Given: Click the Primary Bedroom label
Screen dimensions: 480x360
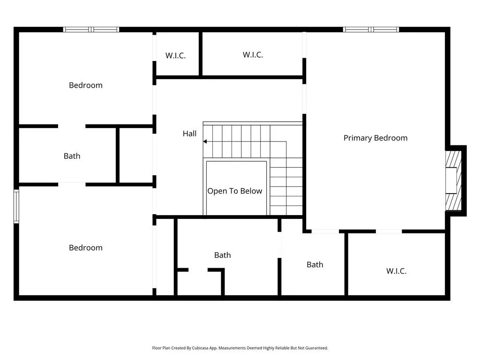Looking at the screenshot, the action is (375, 138).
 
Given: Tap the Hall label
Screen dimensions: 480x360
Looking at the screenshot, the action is (189, 134).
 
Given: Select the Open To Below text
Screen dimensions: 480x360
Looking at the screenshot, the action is (235, 191).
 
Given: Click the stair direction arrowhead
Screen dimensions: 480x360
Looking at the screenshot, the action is (205, 142).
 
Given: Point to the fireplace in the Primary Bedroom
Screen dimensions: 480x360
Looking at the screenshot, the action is (453, 180).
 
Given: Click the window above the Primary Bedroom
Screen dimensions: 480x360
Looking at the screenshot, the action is (371, 30).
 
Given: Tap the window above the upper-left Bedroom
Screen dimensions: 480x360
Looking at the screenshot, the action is (91, 30).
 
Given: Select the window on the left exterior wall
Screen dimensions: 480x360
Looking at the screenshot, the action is (16, 206).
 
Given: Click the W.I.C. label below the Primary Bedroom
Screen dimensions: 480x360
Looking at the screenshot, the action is (396, 271).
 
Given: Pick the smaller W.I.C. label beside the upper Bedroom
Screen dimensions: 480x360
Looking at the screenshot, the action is (175, 55).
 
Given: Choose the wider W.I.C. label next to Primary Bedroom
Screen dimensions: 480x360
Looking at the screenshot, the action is (253, 55).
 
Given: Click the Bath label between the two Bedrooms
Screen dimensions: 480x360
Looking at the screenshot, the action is (72, 156).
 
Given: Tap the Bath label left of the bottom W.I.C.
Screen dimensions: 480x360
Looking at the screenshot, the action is (315, 264).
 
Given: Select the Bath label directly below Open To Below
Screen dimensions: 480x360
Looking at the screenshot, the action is (223, 255).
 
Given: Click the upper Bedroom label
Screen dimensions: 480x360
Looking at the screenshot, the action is (86, 85).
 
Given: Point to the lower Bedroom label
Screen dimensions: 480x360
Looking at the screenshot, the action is (86, 247).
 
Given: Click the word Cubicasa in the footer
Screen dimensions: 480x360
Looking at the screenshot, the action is (198, 348).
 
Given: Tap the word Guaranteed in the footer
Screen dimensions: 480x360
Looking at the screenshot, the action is (317, 348).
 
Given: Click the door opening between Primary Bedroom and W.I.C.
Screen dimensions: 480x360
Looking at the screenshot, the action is (389, 232).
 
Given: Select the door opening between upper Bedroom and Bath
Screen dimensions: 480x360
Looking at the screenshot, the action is (72, 126).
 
